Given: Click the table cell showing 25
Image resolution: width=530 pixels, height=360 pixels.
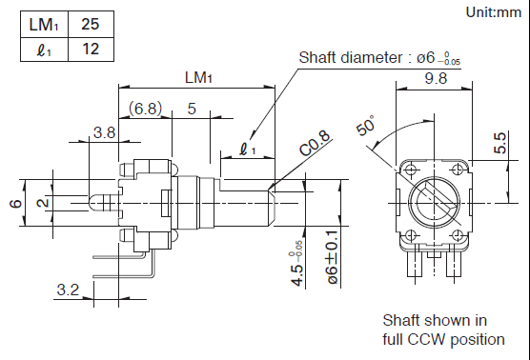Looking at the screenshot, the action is tap(91, 25).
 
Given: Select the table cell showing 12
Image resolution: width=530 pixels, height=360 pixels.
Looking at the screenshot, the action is tap(91, 50).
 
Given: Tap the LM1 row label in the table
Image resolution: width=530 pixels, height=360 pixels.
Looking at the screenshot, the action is tap(44, 25).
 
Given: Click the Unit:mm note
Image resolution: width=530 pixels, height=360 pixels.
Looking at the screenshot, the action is tap(494, 12).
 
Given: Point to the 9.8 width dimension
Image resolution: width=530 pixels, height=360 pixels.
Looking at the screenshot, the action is tap(436, 78).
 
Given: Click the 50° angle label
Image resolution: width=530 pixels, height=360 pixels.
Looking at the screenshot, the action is tap(366, 125).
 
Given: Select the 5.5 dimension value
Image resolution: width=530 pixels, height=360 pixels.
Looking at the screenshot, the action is tap(500, 143).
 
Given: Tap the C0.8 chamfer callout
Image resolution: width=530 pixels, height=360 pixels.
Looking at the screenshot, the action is tap(315, 144).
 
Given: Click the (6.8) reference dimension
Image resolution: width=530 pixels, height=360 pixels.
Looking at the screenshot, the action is tap(145, 109).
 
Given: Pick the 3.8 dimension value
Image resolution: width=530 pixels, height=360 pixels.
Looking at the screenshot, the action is tap(105, 132).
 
